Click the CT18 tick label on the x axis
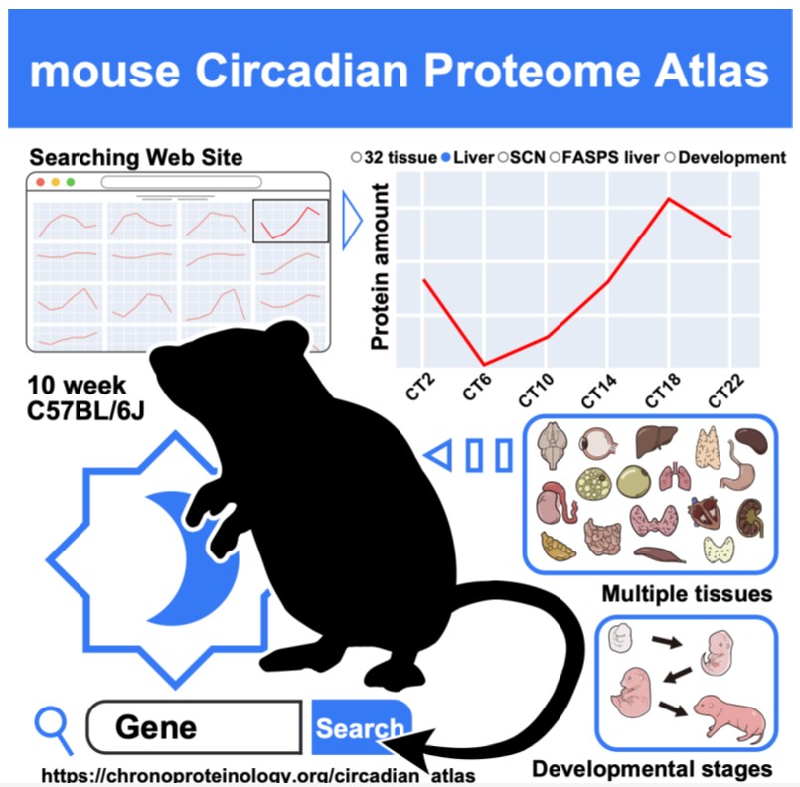662,391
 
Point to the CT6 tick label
477,387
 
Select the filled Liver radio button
446,158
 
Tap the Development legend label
731,158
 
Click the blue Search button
361,726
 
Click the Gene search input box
194,726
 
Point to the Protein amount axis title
380,266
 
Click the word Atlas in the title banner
712,71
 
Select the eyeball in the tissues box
598,444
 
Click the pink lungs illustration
675,477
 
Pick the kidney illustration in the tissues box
750,517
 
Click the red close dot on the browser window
41,182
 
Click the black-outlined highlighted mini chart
291,221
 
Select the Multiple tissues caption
687,594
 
